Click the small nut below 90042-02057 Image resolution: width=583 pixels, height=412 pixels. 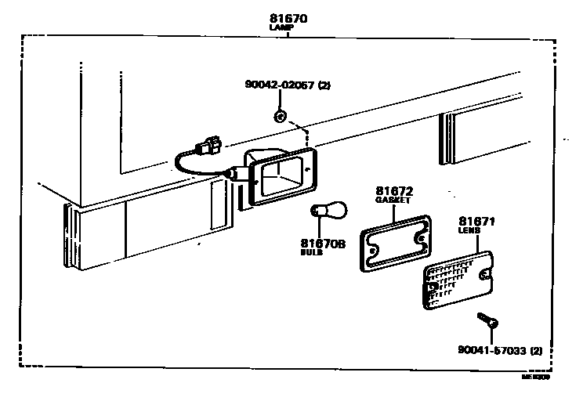[x=279, y=117]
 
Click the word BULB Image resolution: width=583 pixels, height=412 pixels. [x=312, y=253]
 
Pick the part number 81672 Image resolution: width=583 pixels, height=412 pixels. [x=394, y=190]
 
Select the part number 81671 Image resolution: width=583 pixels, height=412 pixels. [x=476, y=222]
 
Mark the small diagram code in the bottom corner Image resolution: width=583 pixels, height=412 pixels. [x=536, y=375]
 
